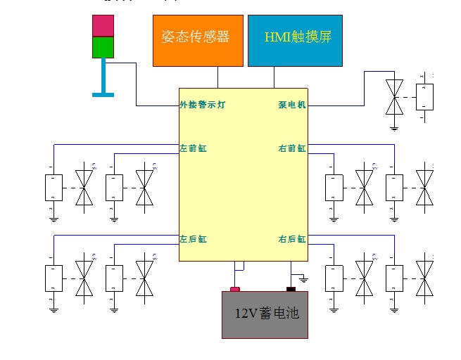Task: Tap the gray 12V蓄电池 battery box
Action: click(x=265, y=314)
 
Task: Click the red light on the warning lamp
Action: click(x=103, y=25)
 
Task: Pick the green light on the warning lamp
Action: click(x=103, y=46)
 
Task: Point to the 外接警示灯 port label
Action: click(x=203, y=105)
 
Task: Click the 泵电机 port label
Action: click(x=291, y=105)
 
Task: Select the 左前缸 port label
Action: click(x=193, y=148)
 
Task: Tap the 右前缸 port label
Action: click(x=291, y=148)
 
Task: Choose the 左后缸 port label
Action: click(x=193, y=239)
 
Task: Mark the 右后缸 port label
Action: click(x=291, y=239)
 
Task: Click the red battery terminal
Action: click(x=235, y=289)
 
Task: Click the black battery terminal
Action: click(x=290, y=288)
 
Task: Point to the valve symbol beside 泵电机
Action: click(x=395, y=96)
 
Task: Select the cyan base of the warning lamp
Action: click(x=103, y=93)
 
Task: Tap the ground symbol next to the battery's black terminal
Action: click(x=303, y=280)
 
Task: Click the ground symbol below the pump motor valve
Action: click(x=395, y=127)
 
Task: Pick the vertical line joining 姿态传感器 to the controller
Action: click(x=217, y=77)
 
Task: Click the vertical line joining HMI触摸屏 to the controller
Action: click(x=274, y=77)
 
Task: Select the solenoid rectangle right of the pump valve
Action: click(x=424, y=96)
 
